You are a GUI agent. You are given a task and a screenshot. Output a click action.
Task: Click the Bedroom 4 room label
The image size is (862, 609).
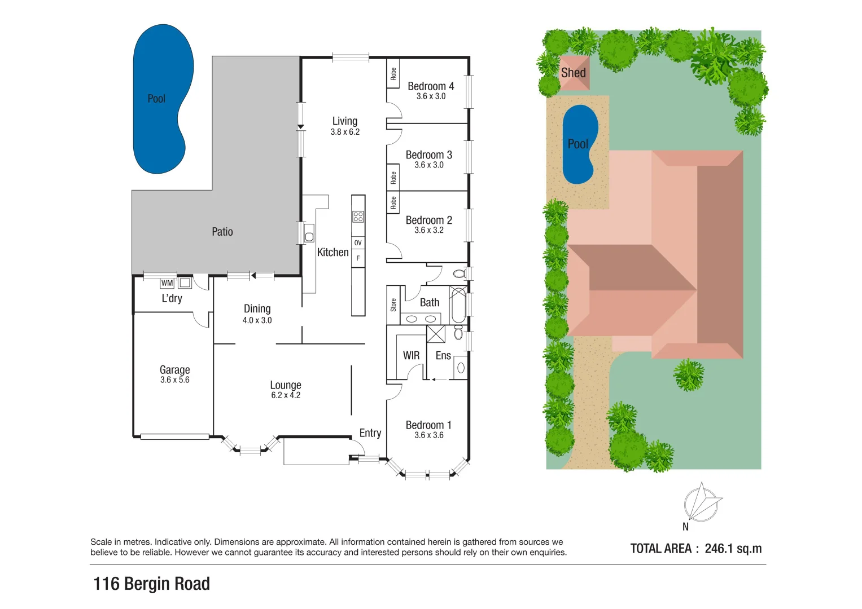(x=431, y=86)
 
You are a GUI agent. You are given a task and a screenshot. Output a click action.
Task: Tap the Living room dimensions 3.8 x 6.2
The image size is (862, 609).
(x=345, y=132)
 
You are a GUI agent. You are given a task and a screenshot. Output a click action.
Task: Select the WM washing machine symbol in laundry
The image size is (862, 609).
(x=167, y=283)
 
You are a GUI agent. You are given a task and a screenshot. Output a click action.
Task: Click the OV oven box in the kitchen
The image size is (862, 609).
(x=358, y=243)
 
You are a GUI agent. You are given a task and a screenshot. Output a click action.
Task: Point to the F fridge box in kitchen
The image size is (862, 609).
(x=358, y=258)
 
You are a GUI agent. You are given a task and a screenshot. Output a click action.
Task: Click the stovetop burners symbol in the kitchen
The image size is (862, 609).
(x=358, y=217)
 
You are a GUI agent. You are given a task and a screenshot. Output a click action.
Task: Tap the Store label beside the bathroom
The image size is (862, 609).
(x=393, y=305)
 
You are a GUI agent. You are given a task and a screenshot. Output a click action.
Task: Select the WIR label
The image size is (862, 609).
(x=411, y=356)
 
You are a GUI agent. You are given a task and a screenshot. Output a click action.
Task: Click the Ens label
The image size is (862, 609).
(x=443, y=356)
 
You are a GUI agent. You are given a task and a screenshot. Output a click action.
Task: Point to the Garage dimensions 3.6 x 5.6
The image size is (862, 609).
(x=174, y=380)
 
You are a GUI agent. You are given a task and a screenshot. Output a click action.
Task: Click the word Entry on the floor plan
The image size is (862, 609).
(x=370, y=433)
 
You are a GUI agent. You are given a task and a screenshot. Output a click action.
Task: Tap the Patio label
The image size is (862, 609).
(x=222, y=232)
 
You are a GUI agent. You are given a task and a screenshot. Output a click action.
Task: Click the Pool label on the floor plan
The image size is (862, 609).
(x=156, y=99)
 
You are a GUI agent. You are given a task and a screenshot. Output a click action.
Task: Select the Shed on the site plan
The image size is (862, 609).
(x=574, y=73)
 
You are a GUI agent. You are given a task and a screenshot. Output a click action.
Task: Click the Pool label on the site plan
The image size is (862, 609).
(x=578, y=144)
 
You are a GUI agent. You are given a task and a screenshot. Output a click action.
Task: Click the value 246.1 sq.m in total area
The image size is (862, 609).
(x=733, y=549)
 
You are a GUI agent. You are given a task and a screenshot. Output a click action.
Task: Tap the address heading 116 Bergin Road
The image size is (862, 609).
(x=151, y=584)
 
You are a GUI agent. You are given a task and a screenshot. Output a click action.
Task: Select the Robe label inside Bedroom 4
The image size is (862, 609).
(x=393, y=74)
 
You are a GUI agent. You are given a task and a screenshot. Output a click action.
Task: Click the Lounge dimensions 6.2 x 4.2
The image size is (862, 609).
(x=286, y=395)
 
